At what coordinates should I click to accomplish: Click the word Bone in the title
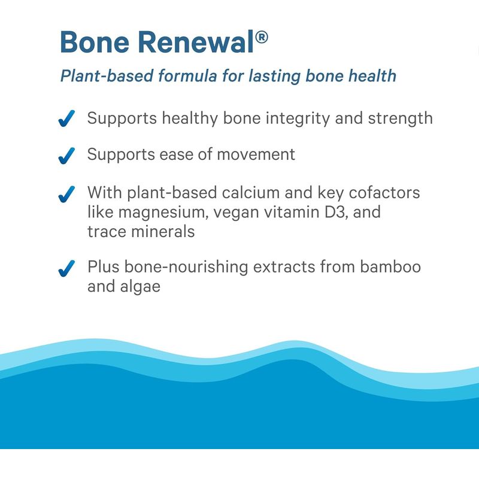95,42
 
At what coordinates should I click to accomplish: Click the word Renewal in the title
196,42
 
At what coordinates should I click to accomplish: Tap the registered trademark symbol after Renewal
262,37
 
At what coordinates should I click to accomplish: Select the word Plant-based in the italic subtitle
107,76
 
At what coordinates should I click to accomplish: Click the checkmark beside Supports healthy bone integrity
66,119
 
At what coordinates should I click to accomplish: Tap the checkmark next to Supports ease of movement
66,156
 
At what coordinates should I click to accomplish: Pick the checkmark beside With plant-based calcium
66,194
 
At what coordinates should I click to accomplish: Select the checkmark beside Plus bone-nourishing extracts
66,268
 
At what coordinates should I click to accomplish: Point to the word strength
401,119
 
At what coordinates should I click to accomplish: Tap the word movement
256,154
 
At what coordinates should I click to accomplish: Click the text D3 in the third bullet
336,212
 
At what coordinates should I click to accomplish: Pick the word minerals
163,231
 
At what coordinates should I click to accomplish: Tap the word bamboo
390,266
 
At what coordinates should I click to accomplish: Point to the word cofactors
384,193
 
